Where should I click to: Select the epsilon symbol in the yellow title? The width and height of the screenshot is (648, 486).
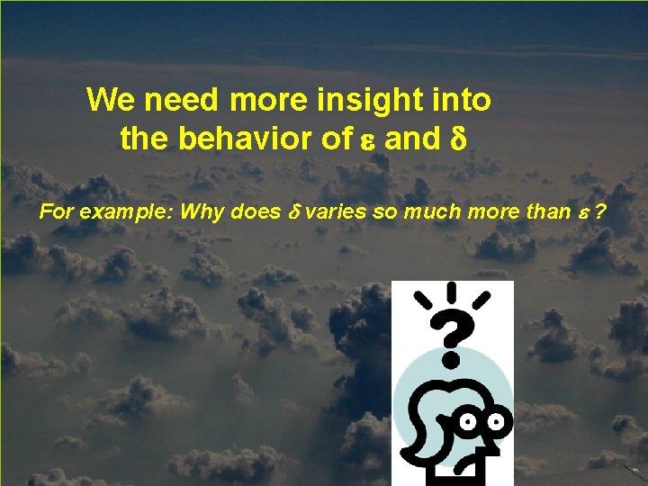click(x=365, y=140)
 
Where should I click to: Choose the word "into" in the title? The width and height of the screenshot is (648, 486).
click(x=461, y=100)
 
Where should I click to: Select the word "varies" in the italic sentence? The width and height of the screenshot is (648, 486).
click(x=329, y=212)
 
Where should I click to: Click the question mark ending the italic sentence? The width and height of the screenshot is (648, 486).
click(x=598, y=212)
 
